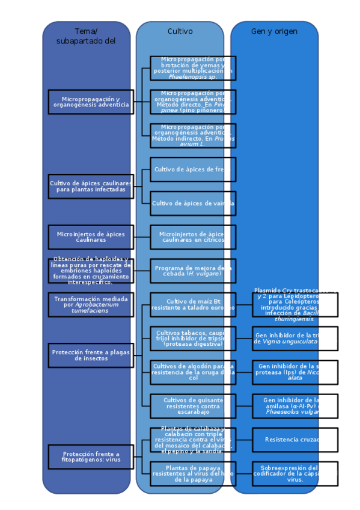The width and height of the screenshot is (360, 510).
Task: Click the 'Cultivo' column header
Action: (180, 31)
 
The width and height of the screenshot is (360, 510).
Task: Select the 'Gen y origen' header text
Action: (274, 31)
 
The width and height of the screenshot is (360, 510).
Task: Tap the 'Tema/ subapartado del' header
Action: (86, 36)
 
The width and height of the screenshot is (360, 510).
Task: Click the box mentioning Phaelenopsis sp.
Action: (192, 68)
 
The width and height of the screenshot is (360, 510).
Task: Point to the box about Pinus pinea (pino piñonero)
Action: (192, 102)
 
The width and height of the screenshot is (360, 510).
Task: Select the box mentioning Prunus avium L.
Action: (192, 135)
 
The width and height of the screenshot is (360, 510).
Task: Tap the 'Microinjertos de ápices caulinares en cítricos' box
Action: (192, 237)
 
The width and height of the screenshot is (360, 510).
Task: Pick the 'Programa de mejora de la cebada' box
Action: (192, 271)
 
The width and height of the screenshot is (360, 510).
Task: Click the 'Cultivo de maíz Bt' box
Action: (192, 304)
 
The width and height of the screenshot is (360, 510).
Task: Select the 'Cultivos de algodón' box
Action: (192, 372)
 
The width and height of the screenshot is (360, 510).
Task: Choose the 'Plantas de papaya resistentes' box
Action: (192, 473)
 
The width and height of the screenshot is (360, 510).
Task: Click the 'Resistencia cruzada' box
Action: (294, 440)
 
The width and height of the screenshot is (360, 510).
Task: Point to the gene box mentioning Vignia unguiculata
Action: (294, 338)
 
